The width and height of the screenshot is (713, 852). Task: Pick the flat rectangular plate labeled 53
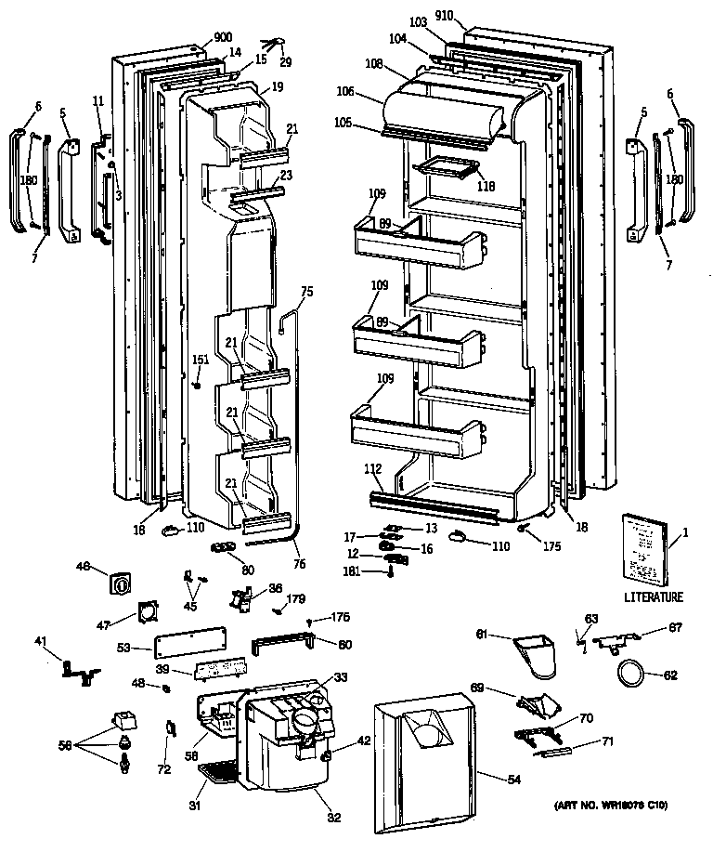191,648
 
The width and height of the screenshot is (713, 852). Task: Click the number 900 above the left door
222,37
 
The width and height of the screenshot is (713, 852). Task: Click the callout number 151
200,360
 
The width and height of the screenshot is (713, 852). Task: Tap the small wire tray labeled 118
447,167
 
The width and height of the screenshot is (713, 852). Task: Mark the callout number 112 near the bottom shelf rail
372,469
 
